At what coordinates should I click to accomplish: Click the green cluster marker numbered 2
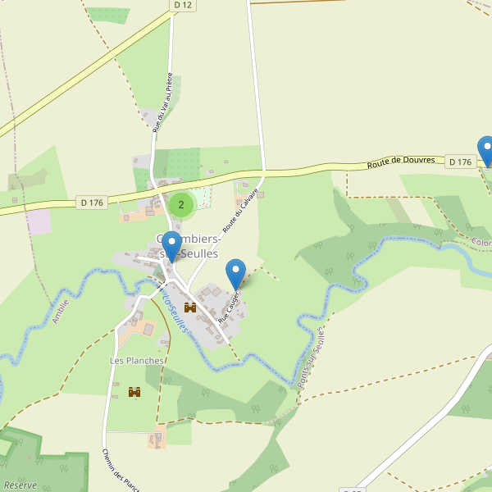pyautogui.click(x=181, y=205)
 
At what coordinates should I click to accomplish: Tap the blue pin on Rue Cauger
pyautogui.click(x=236, y=272)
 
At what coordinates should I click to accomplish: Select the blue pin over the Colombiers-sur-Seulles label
pyautogui.click(x=171, y=245)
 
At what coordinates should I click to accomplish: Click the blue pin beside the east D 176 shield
pyautogui.click(x=486, y=150)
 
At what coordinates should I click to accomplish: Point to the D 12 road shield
pyautogui.click(x=184, y=5)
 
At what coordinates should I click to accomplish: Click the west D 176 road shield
pyautogui.click(x=93, y=202)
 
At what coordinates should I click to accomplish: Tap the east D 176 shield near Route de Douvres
pyautogui.click(x=461, y=162)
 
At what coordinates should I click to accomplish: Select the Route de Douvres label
pyautogui.click(x=401, y=162)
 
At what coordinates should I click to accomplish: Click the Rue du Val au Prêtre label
pyautogui.click(x=163, y=102)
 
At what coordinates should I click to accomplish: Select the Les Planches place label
pyautogui.click(x=137, y=360)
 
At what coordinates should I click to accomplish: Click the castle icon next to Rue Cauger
pyautogui.click(x=190, y=307)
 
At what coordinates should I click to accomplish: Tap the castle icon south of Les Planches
pyautogui.click(x=134, y=393)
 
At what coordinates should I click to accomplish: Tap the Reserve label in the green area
pyautogui.click(x=20, y=485)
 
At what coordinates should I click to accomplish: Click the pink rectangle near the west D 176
pyautogui.click(x=39, y=221)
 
